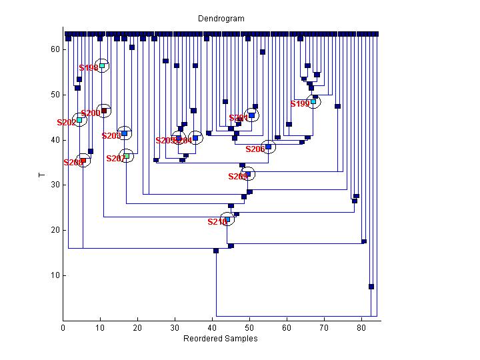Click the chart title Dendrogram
pos(221,19)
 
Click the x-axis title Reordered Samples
pos(221,339)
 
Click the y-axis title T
pos(41,175)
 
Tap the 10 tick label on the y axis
pos(56,275)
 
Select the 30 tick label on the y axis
pos(56,185)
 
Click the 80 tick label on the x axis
pos(361,328)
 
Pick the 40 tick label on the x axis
pos(212,328)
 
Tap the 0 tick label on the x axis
pos(63,328)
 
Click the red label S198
pos(88,68)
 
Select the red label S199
pos(300,104)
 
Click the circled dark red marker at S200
pos(103,111)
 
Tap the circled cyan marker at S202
pos(79,120)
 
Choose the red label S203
pos(111,136)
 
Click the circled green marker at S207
pos(127,156)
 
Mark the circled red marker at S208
pos(83,161)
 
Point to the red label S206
pos(255,149)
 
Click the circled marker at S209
pos(248,175)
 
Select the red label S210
pos(217,221)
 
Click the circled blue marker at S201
pos(251,115)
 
